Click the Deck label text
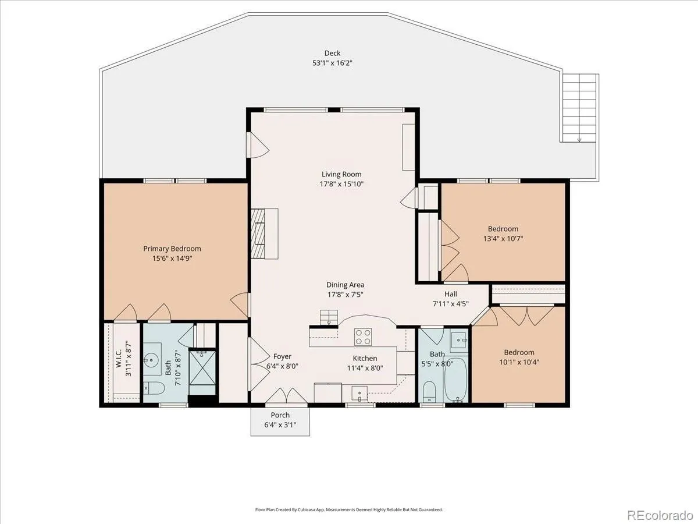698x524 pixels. (332, 53)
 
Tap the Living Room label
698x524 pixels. (341, 174)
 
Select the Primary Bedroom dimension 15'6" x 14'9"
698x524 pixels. (172, 258)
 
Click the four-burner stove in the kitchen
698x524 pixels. (363, 337)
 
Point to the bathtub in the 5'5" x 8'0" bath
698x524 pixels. (455, 380)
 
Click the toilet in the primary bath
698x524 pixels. (154, 388)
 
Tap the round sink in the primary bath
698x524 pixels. (151, 360)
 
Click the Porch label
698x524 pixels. (280, 415)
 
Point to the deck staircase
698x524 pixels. (579, 108)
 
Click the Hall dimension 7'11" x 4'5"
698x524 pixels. (451, 304)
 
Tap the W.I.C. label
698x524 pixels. (119, 359)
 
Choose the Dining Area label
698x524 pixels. (346, 285)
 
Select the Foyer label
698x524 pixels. (282, 356)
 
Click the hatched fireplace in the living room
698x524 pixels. (258, 233)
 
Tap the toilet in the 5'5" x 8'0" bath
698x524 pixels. (430, 391)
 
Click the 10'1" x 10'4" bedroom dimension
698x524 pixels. (519, 362)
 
